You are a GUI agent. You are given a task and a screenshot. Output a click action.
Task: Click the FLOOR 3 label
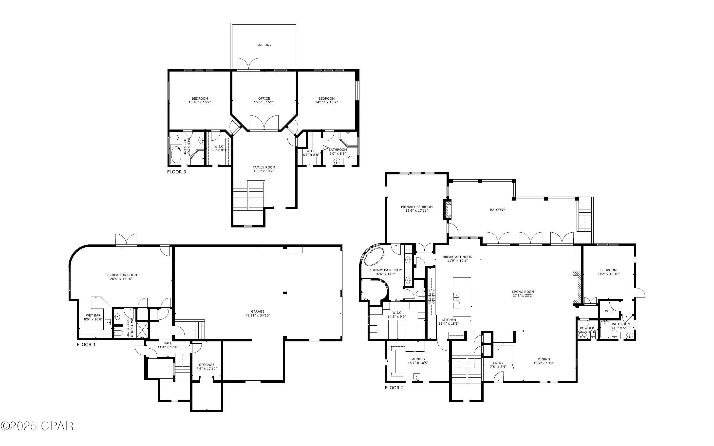click(x=176, y=172)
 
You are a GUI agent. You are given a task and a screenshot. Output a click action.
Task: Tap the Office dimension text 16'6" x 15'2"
click(x=264, y=102)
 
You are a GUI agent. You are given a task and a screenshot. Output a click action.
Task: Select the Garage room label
click(x=258, y=311)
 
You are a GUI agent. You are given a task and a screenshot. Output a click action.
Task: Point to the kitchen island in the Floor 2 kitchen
click(x=462, y=297)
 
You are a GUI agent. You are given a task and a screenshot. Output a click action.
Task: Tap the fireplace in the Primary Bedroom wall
click(x=448, y=210)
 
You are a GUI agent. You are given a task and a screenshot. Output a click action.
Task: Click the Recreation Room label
click(x=121, y=275)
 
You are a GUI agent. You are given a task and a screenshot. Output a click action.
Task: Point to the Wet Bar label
click(x=93, y=315)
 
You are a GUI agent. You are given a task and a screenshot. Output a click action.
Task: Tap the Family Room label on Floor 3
click(x=264, y=167)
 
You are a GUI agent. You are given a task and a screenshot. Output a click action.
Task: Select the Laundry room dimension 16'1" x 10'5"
click(x=418, y=363)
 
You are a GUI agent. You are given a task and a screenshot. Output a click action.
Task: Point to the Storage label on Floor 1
click(x=207, y=365)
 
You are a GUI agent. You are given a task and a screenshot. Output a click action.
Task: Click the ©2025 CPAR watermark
click(x=37, y=426)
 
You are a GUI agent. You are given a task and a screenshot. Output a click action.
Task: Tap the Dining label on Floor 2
click(x=544, y=359)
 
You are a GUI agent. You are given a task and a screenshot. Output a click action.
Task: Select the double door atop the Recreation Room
click(x=126, y=240)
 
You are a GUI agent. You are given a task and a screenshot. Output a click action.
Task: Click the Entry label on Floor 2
click(x=498, y=363)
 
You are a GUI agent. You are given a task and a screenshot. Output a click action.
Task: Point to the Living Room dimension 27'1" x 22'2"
click(x=523, y=295)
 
